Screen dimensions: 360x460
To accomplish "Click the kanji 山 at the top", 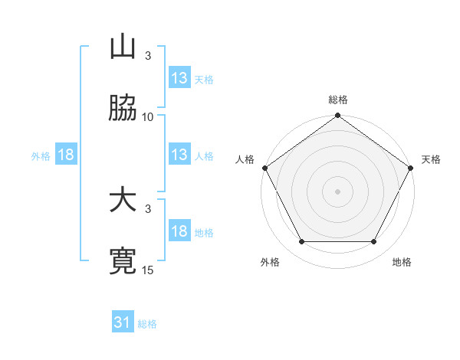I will tap(123, 48).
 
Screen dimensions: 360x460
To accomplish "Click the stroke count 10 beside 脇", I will tap(148, 117).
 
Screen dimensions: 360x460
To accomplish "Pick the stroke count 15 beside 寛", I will tap(148, 270).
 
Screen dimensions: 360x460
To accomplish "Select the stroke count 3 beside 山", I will tap(148, 56).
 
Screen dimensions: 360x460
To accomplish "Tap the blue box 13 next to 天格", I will tap(179, 78).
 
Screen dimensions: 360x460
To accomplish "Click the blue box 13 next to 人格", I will tap(179, 155).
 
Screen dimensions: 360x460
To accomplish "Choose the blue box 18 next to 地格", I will tap(179, 231).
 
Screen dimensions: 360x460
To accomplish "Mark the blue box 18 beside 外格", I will tap(66, 155).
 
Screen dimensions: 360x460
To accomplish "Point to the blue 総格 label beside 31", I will tap(148, 324).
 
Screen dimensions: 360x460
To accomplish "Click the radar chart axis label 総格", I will tap(338, 100).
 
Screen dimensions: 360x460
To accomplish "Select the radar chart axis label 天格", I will tap(431, 159).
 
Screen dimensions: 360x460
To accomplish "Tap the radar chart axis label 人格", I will tap(245, 159).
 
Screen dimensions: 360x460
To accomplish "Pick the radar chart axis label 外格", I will tap(270, 263).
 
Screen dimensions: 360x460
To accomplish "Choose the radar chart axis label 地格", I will tap(402, 263).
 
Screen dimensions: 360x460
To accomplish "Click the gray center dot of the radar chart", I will tap(338, 191).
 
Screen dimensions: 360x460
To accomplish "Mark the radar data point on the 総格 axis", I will tap(338, 116).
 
